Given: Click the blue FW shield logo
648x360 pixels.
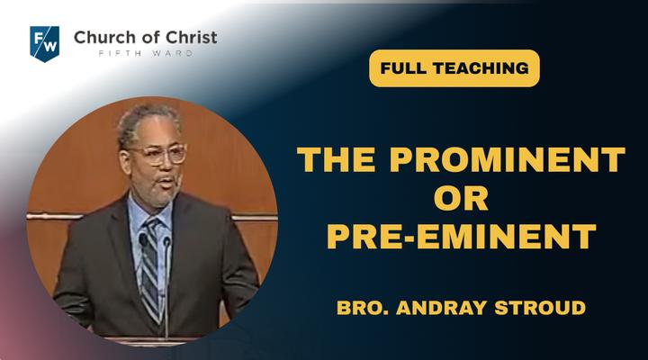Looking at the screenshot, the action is coord(45,44).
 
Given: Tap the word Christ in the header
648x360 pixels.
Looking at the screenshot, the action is coord(191,37).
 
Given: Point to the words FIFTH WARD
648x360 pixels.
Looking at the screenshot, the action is coord(146,53).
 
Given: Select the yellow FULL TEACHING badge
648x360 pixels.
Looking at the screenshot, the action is coord(454,68).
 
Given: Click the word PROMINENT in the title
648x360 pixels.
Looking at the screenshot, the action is coord(507,159).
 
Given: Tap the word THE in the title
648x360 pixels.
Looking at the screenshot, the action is coord(336,159).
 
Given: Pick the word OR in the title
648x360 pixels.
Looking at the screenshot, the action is coord(461,198).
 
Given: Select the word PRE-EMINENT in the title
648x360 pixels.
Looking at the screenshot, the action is coord(461,237).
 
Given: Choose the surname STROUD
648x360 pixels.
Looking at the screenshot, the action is coord(540,308).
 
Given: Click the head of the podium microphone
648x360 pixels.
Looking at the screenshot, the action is coord(166,241).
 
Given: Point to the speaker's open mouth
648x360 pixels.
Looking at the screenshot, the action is coord(167,182).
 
